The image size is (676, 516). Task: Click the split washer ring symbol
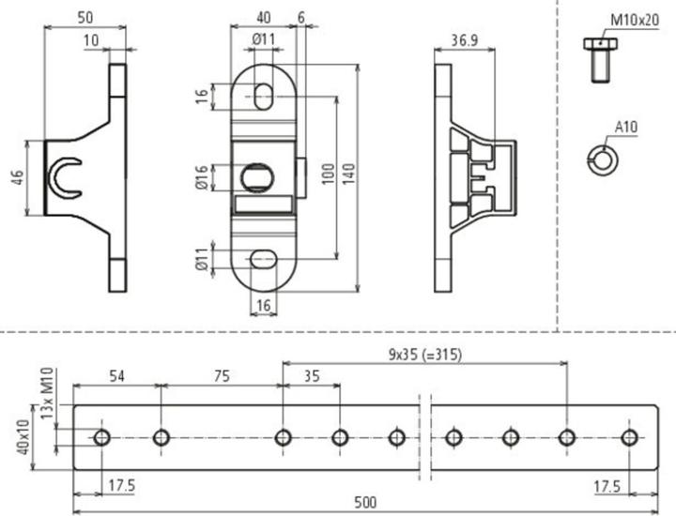pyautogui.click(x=599, y=159)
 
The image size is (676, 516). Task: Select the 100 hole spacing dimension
pyautogui.click(x=327, y=176)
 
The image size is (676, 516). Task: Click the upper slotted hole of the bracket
pyautogui.click(x=264, y=96)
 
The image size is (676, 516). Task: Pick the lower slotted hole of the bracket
pyautogui.click(x=264, y=259)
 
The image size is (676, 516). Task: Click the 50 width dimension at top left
pyautogui.click(x=84, y=18)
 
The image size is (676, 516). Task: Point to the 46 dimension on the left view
pyautogui.click(x=18, y=178)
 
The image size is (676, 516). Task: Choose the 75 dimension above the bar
pyautogui.click(x=222, y=375)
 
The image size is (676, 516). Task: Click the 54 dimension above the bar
pyautogui.click(x=117, y=375)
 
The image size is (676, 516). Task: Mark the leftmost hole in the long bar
pyautogui.click(x=102, y=436)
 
